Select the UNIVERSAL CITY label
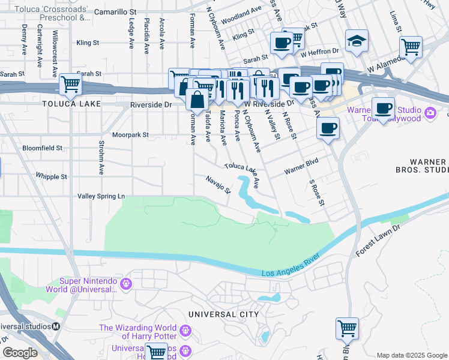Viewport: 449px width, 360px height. [223, 314]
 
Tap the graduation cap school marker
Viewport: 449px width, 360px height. [357, 41]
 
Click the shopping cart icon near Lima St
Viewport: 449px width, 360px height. [411, 47]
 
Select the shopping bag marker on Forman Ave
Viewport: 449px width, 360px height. [197, 100]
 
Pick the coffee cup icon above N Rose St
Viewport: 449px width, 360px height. [328, 128]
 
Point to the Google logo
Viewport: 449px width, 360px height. [20, 352]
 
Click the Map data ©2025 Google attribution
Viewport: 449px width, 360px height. [412, 355]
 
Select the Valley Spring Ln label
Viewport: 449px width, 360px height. [101, 196]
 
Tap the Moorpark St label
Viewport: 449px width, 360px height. [130, 135]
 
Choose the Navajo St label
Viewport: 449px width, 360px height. [218, 184]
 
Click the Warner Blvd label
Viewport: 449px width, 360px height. [300, 166]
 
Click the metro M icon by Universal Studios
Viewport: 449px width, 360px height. [56, 326]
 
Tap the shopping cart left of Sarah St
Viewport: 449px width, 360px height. [70, 85]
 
